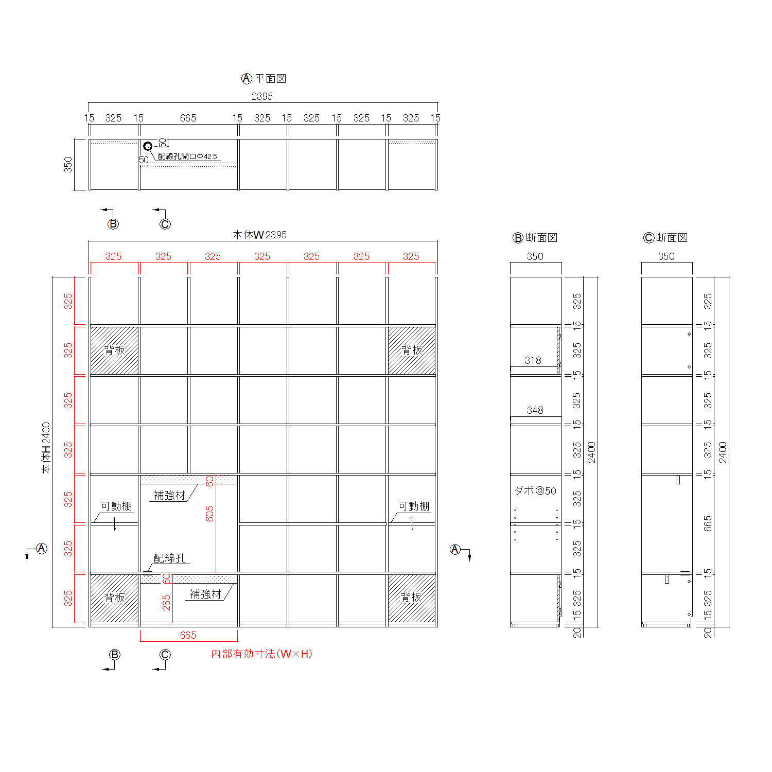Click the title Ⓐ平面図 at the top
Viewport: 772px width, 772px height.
tap(264, 79)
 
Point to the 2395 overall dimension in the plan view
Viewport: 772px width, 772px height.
tap(262, 96)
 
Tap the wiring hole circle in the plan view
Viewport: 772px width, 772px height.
tap(148, 146)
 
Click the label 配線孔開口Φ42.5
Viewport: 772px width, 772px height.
tap(187, 156)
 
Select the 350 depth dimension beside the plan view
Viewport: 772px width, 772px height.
tap(68, 165)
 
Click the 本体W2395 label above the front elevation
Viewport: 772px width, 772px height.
tap(259, 235)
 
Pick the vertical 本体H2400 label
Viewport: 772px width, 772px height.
tap(46, 448)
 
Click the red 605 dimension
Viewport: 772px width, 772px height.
tap(209, 514)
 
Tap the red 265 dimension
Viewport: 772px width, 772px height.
tap(166, 603)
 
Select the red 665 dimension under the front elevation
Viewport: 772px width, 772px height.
tap(188, 635)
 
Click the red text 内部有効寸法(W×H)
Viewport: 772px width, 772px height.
tap(261, 654)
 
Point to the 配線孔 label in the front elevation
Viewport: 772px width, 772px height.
tap(170, 558)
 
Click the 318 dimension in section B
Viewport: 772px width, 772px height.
tap(533, 360)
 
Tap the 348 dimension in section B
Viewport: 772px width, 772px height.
tap(535, 410)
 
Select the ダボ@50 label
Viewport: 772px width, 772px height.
tap(535, 490)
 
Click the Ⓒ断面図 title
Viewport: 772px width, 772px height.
tap(665, 237)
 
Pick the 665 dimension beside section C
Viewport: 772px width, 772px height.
tap(708, 523)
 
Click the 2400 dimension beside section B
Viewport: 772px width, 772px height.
tap(591, 452)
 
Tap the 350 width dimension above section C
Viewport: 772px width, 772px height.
tap(666, 256)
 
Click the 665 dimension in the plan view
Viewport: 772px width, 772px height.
tap(188, 118)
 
